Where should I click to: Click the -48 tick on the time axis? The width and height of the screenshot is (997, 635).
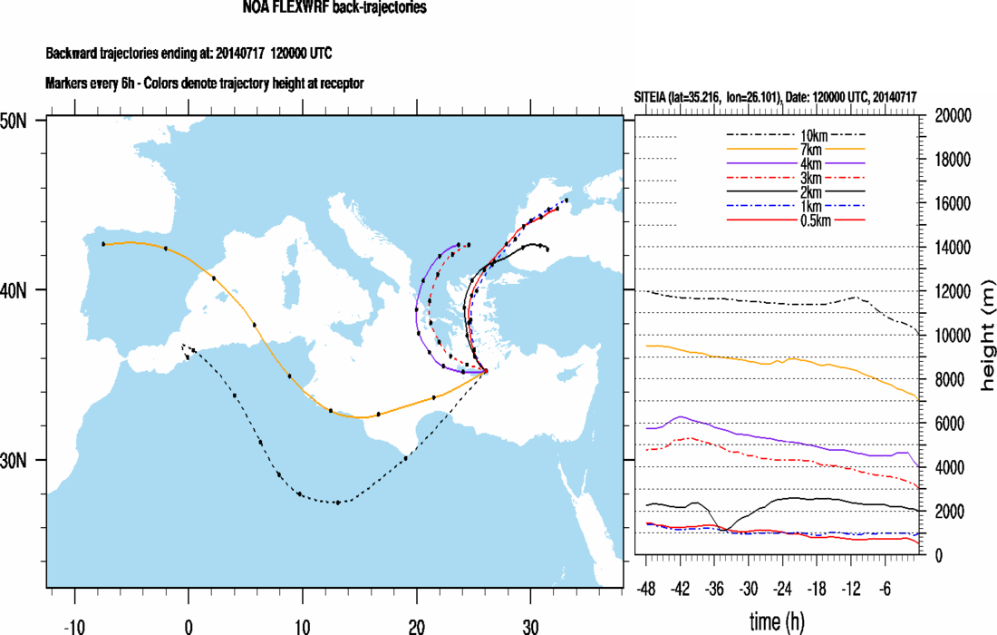click(647, 588)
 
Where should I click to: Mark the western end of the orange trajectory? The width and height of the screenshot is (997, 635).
click(103, 244)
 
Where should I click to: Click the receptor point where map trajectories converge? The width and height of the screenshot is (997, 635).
click(486, 371)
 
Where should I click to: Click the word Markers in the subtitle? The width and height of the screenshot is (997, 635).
click(68, 83)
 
